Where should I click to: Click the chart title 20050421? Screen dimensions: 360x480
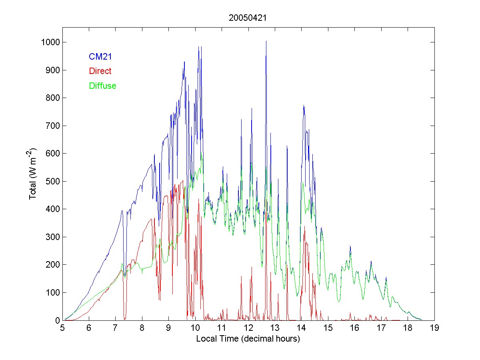click(248, 18)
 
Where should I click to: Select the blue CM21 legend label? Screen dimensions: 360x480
click(100, 57)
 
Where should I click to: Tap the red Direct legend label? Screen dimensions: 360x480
click(100, 71)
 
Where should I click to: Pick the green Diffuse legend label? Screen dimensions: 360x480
click(102, 86)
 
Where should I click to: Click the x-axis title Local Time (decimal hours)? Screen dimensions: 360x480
click(248, 339)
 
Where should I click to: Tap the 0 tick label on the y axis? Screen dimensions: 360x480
click(57, 320)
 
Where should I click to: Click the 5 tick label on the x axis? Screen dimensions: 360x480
click(62, 328)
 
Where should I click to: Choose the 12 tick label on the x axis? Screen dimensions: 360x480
click(248, 328)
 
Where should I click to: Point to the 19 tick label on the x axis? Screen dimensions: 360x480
click(434, 328)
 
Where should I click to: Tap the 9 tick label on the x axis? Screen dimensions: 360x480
click(168, 328)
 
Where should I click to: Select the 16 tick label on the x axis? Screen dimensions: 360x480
click(354, 328)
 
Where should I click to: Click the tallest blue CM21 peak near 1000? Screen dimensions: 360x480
click(266, 41)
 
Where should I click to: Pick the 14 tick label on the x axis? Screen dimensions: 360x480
click(301, 328)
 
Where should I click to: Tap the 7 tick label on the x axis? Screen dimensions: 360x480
click(115, 328)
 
